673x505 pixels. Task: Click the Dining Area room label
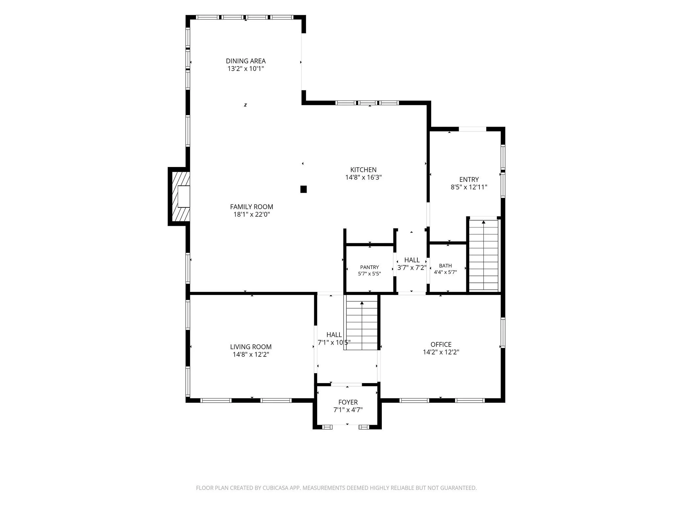point(245,61)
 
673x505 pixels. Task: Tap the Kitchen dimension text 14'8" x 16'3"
point(363,178)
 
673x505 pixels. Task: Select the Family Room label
point(251,207)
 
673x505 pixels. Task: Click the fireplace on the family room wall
point(179,197)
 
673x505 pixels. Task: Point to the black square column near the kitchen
point(304,189)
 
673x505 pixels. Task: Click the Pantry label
point(369,267)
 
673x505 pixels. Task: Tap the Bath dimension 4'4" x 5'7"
point(445,272)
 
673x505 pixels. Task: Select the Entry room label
point(469,180)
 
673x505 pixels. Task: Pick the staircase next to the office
point(362,325)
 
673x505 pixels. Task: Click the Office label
point(441,344)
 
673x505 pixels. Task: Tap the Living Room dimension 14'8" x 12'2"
point(251,354)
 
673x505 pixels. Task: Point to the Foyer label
point(348,402)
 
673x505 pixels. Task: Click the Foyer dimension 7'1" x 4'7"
point(348,410)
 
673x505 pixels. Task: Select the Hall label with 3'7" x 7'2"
point(412,260)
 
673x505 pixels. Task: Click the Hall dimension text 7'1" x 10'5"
point(334,342)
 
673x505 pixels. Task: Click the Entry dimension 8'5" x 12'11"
point(469,187)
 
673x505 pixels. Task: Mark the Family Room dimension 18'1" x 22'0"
point(251,214)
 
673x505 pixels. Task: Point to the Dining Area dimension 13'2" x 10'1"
point(245,69)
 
